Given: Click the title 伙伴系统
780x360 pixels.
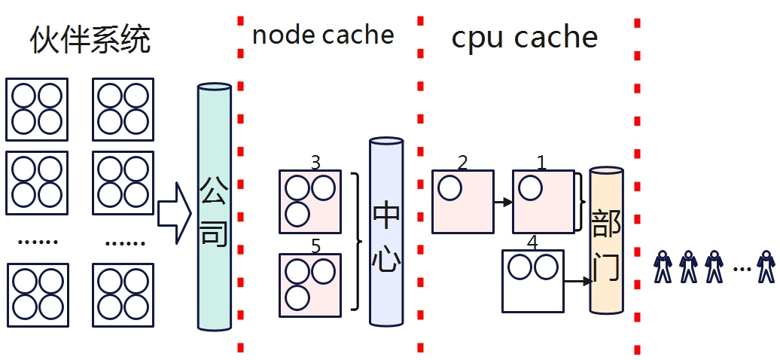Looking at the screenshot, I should (90, 39).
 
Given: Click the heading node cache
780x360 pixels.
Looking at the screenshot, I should (323, 35).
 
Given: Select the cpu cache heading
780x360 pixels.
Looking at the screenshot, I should (524, 37).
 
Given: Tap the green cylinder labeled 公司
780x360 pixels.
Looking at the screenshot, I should (214, 206).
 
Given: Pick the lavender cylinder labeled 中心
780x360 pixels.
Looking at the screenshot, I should (386, 232).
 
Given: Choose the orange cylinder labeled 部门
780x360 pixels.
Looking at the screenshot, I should (606, 239).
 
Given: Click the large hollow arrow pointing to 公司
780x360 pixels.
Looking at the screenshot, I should (175, 213).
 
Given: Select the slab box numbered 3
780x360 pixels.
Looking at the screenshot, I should (310, 200).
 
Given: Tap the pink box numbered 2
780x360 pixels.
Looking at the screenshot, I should (462, 201).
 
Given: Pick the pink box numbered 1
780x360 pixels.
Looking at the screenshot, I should (544, 201).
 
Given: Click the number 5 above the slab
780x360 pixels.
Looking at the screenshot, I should (315, 246).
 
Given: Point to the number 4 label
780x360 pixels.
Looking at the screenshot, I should (532, 243).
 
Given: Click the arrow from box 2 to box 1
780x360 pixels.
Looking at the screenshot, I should (503, 202).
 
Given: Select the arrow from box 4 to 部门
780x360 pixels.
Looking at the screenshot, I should (577, 282).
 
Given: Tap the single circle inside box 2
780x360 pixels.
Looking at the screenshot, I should (450, 188).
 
